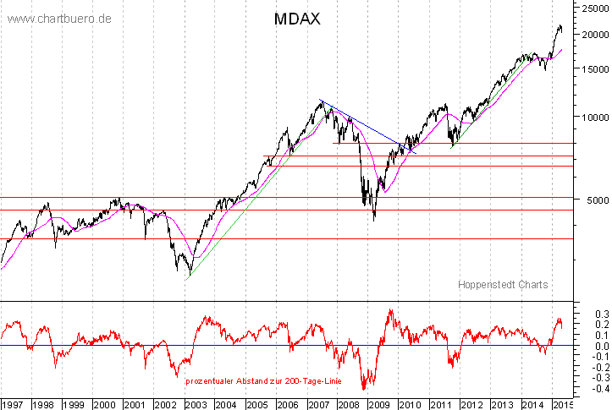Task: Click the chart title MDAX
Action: pos(297,18)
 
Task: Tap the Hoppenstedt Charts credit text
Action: pos(503,285)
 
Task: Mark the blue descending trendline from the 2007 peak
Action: pos(364,123)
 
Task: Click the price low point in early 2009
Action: pos(374,221)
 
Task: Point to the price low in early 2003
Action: pos(188,273)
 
